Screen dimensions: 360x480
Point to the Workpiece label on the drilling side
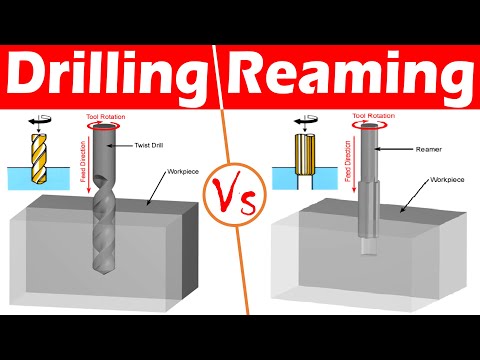coord(179,172)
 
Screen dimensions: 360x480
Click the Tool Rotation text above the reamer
coord(371,115)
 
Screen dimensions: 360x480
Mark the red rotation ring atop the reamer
coord(371,126)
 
